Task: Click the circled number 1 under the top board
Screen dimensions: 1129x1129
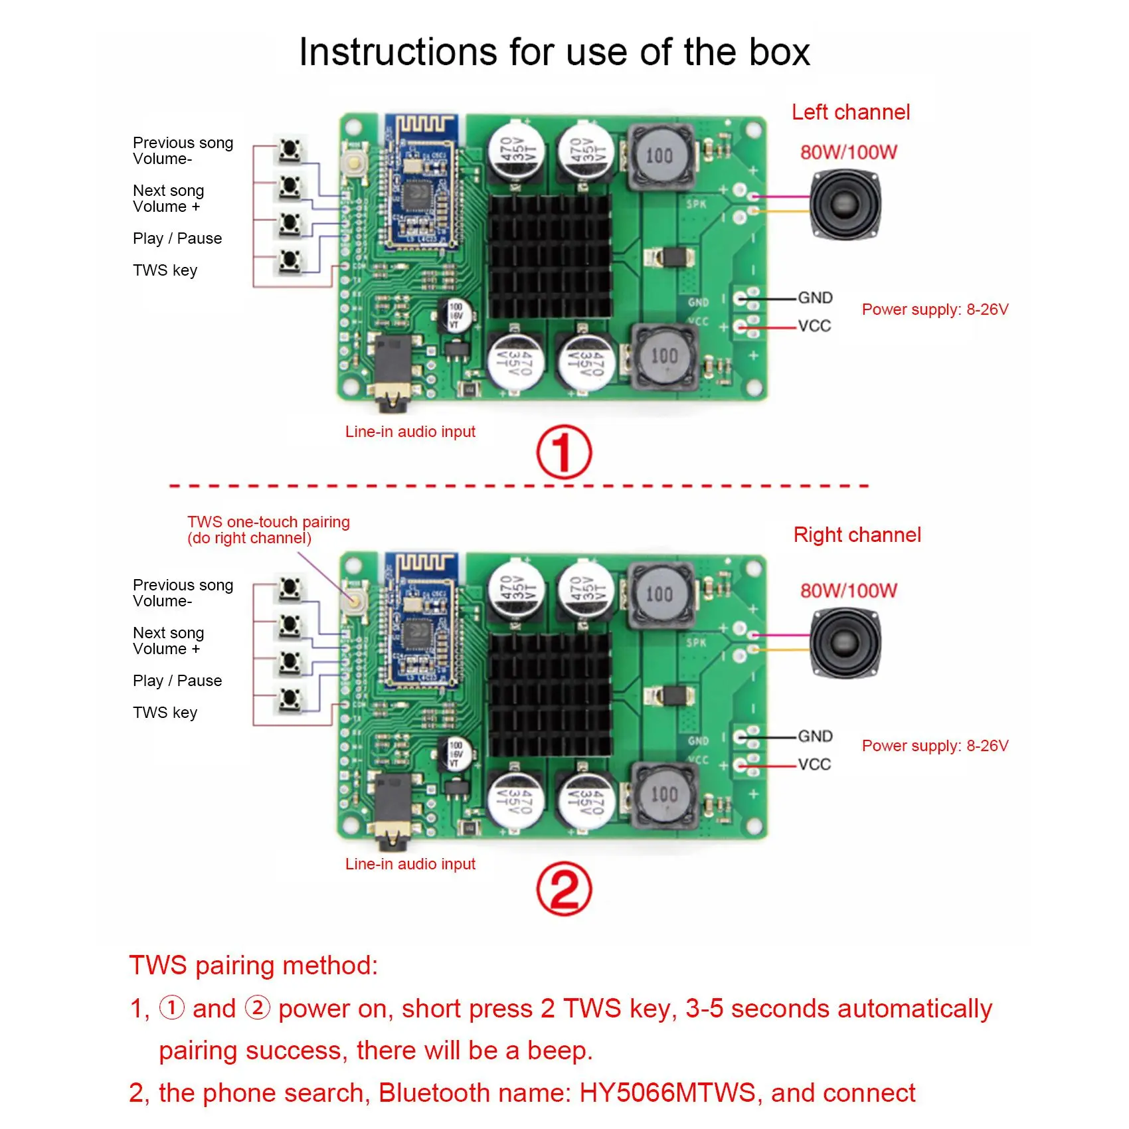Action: (564, 452)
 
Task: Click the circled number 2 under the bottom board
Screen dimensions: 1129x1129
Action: (564, 890)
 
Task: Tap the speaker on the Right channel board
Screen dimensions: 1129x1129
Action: (845, 642)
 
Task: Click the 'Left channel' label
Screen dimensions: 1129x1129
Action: (850, 112)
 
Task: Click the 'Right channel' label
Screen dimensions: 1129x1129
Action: (857, 535)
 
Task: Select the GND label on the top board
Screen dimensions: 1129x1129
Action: (815, 298)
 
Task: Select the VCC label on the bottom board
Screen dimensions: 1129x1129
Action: (814, 764)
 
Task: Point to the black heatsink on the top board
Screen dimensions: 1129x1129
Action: (550, 256)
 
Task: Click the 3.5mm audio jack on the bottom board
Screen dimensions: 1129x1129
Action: (392, 814)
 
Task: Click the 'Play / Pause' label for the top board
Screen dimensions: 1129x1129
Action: (177, 238)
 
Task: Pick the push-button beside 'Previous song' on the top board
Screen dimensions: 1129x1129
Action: (290, 149)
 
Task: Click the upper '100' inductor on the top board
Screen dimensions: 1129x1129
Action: (659, 157)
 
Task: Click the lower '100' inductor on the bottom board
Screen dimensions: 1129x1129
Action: (664, 795)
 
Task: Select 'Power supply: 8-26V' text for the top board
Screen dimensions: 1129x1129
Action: (935, 309)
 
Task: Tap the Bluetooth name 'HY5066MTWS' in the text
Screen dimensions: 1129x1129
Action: (667, 1092)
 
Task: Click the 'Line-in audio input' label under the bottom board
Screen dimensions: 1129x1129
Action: (410, 864)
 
